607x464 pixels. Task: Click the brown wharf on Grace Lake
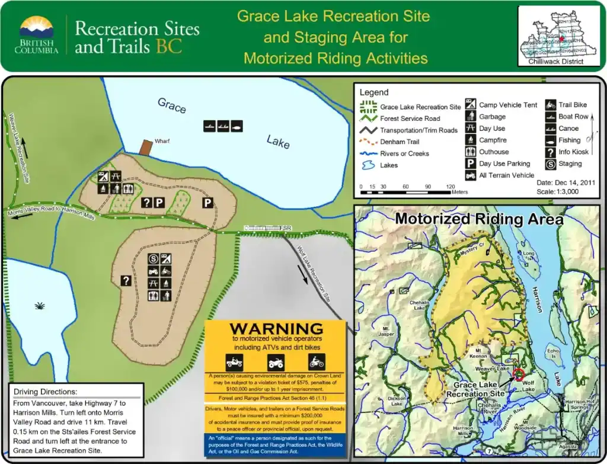[x=146, y=148]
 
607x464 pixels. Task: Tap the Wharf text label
[x=162, y=142]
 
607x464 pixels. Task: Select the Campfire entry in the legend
[x=493, y=140]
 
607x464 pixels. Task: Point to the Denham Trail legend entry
[x=400, y=142]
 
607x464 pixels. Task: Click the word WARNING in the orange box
[x=276, y=328]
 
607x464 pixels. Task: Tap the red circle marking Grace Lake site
[x=519, y=374]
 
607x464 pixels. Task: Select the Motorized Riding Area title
[x=479, y=219]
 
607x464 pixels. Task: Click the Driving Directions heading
[x=45, y=392]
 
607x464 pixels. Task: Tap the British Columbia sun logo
[x=37, y=28]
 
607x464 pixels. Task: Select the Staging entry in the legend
[x=570, y=164]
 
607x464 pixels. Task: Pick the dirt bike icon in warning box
[x=316, y=361]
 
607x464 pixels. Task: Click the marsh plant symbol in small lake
[x=40, y=306]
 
